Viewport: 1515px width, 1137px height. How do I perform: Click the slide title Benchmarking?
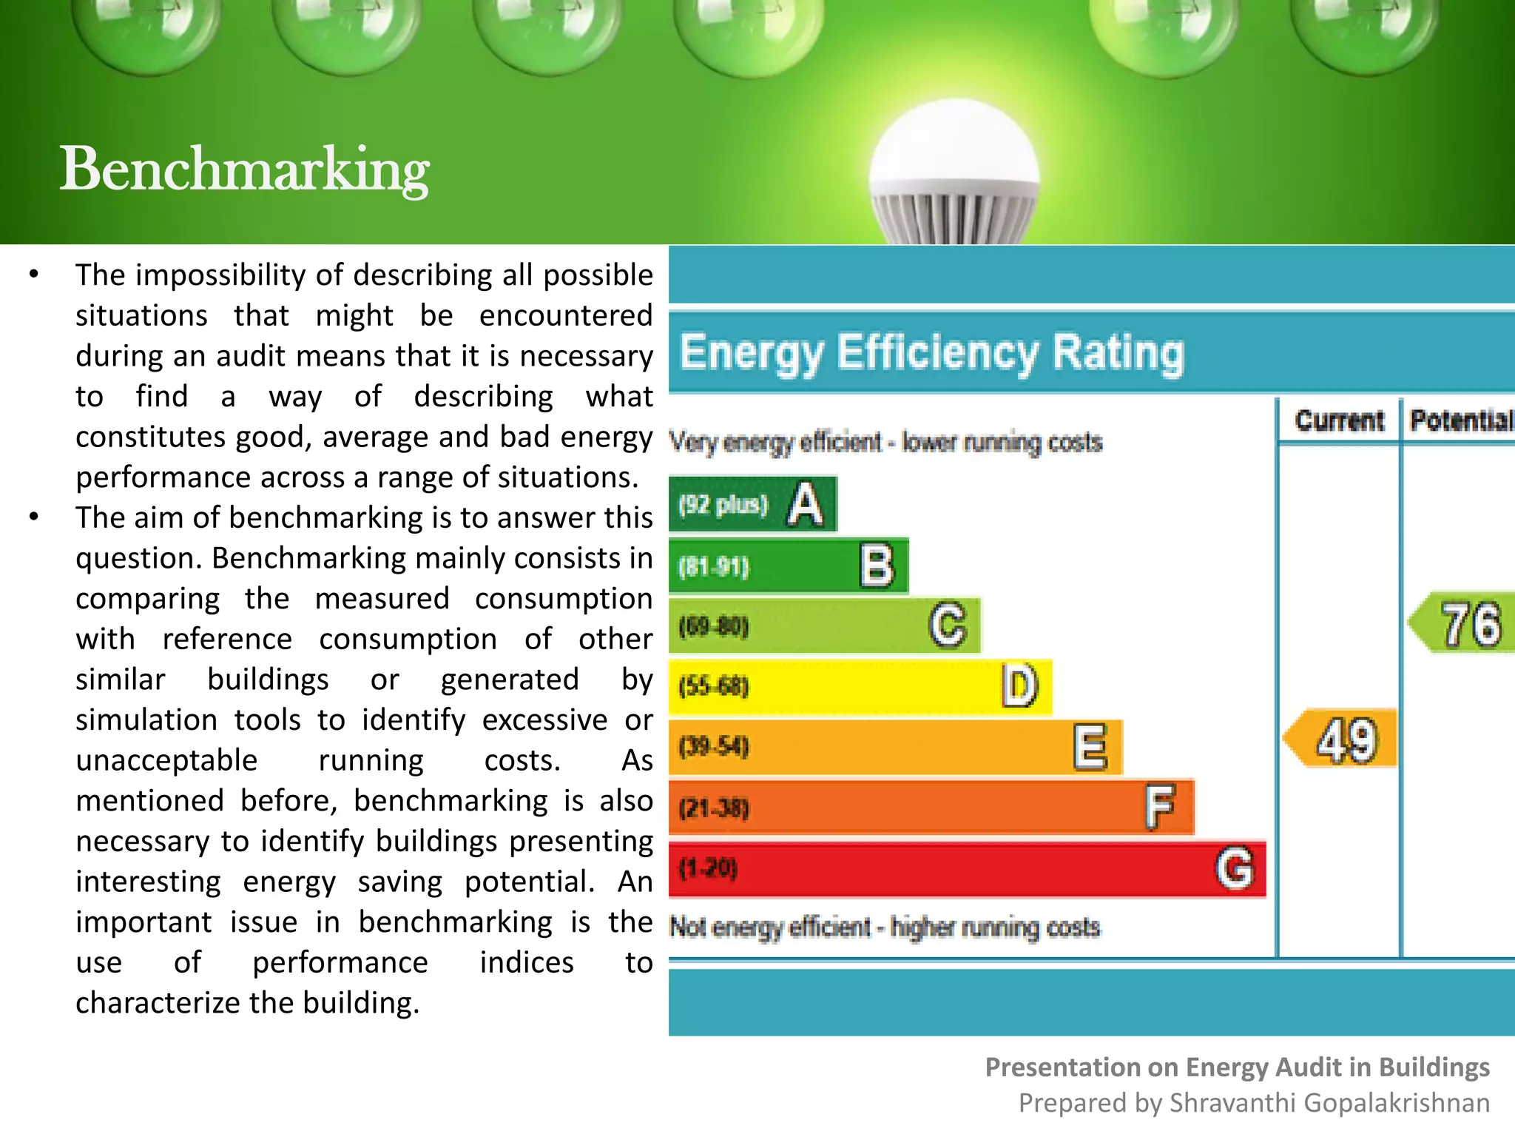(x=244, y=169)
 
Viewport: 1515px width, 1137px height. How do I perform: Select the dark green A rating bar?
(x=752, y=504)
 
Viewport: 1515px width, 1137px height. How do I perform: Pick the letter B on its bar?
(x=877, y=566)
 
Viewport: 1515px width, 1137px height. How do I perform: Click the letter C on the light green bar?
(x=948, y=625)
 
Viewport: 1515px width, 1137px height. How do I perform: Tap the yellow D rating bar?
(x=858, y=686)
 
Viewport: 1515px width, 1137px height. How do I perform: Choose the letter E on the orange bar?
(x=1090, y=747)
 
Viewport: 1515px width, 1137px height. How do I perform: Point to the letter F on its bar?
(x=1160, y=806)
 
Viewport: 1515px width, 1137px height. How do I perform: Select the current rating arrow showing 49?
(x=1340, y=739)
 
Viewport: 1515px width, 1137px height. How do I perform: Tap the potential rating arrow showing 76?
(x=1463, y=623)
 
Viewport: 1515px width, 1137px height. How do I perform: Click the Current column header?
(x=1339, y=420)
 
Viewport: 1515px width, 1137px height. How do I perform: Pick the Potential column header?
(x=1460, y=420)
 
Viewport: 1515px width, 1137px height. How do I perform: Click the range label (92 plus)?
(x=723, y=505)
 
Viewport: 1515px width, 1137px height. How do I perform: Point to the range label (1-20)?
(x=708, y=868)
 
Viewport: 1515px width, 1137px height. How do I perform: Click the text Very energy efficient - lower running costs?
(x=885, y=443)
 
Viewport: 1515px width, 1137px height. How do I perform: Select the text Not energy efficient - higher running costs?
(x=885, y=927)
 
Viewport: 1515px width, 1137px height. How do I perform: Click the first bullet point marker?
(x=34, y=275)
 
